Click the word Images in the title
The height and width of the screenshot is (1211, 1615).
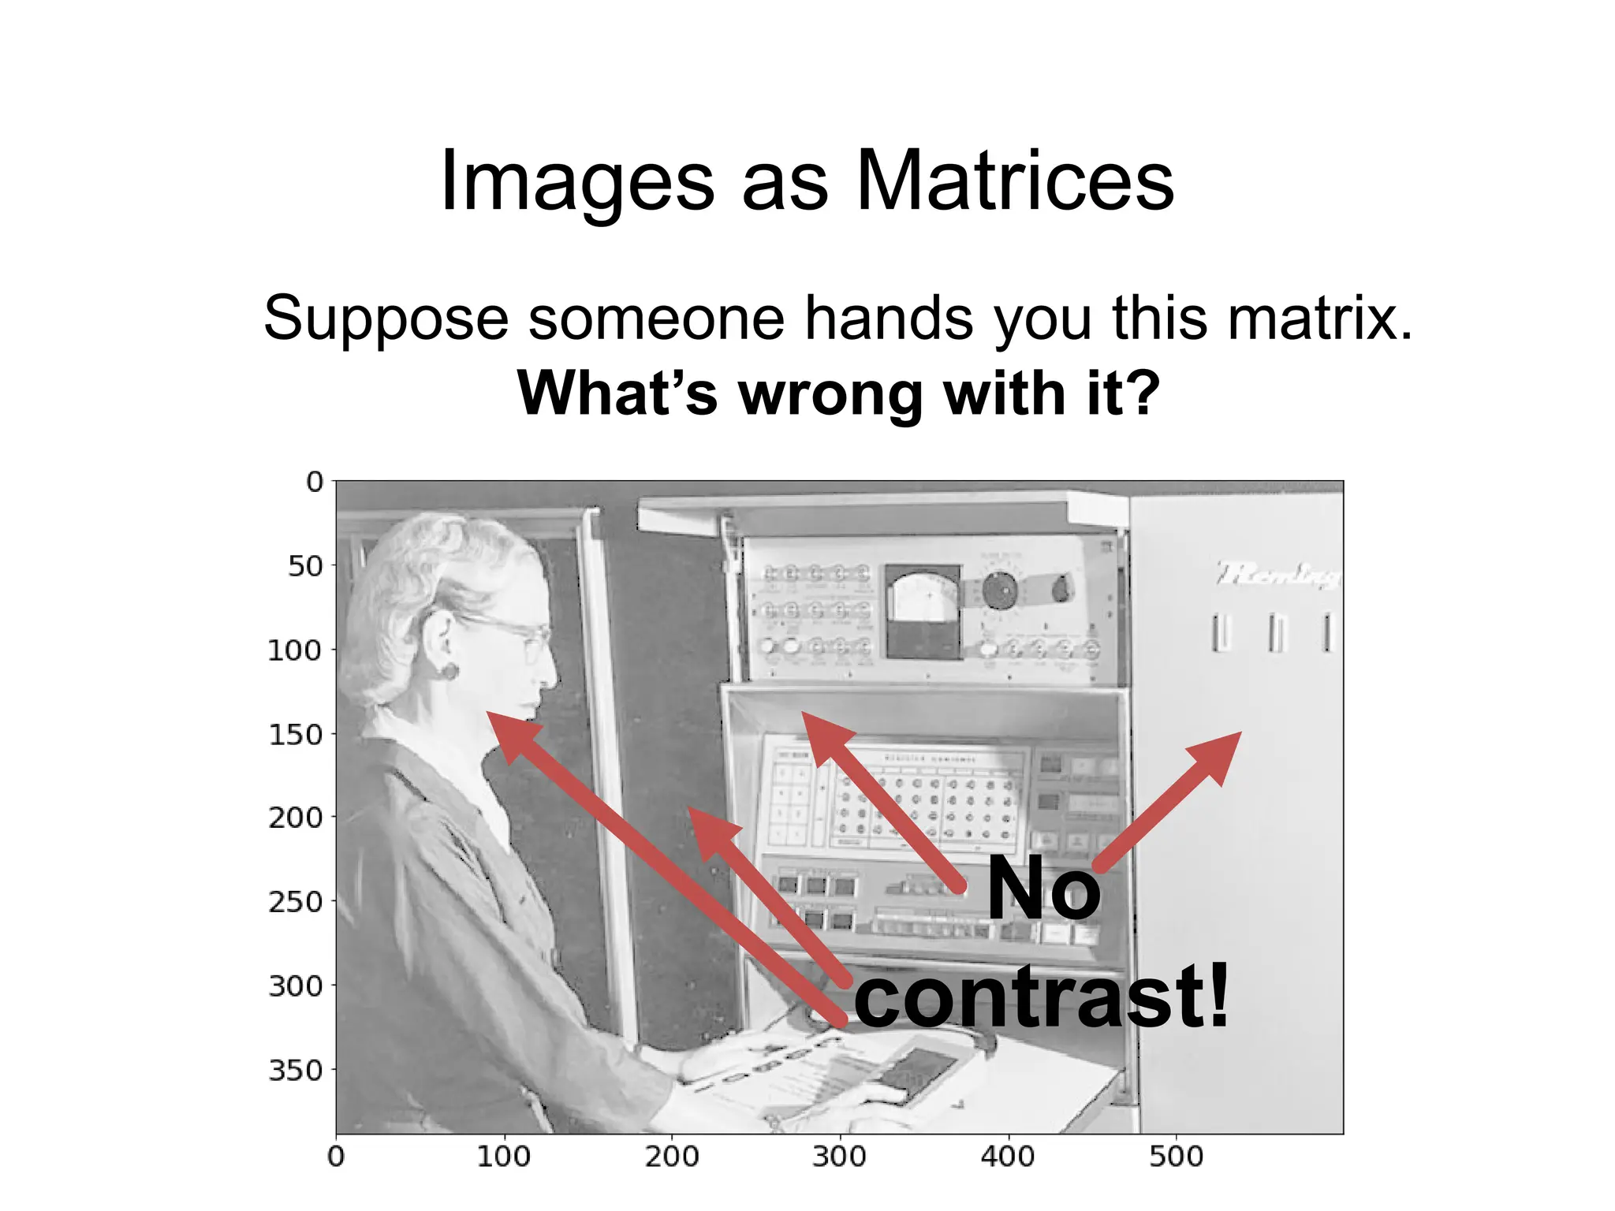coord(576,183)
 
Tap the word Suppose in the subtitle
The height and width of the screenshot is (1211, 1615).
coord(386,319)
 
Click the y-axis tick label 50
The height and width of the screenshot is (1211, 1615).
coord(305,566)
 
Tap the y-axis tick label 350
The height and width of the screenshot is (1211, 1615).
coord(296,1071)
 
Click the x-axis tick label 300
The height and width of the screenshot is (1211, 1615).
coord(839,1157)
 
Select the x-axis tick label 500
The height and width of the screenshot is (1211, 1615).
coord(1176,1157)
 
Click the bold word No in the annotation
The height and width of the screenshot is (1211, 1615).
coord(1042,889)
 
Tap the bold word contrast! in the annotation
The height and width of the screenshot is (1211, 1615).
coord(1041,997)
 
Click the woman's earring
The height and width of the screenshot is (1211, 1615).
coord(449,672)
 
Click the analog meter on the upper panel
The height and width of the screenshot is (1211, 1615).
coord(923,611)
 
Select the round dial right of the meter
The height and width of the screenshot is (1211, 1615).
coord(1000,590)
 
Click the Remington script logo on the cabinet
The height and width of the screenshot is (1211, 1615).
coord(1277,574)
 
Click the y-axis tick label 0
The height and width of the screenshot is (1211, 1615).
coord(315,482)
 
